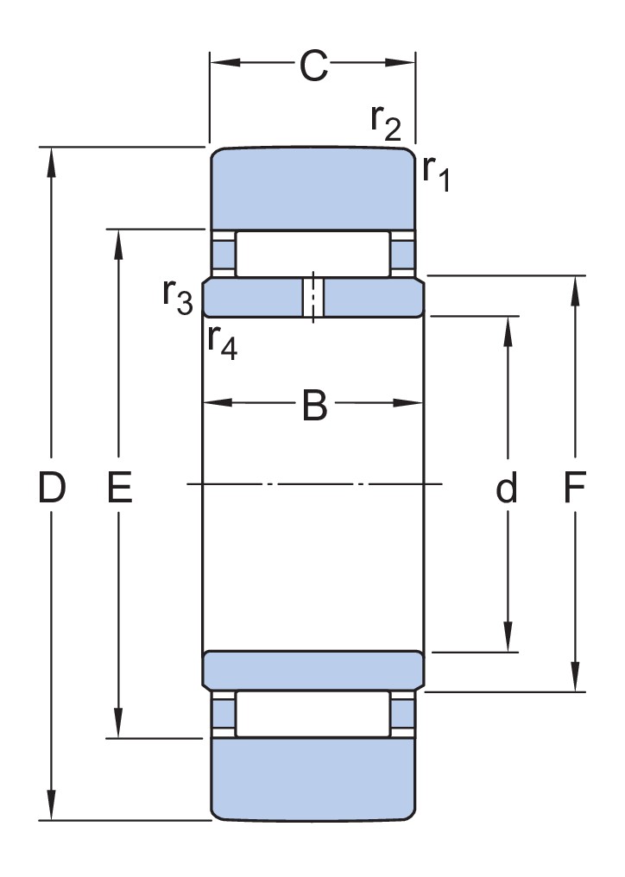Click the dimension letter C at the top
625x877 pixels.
tap(313, 66)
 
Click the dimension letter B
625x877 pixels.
tap(314, 406)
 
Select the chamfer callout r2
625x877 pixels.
tap(385, 122)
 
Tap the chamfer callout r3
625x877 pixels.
tap(177, 297)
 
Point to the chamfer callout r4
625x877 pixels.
tap(222, 340)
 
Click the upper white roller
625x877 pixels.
tap(313, 254)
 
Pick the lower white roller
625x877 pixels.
tap(313, 714)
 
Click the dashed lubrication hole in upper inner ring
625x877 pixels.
tap(313, 298)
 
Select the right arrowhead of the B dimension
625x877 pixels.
tap(414, 403)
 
